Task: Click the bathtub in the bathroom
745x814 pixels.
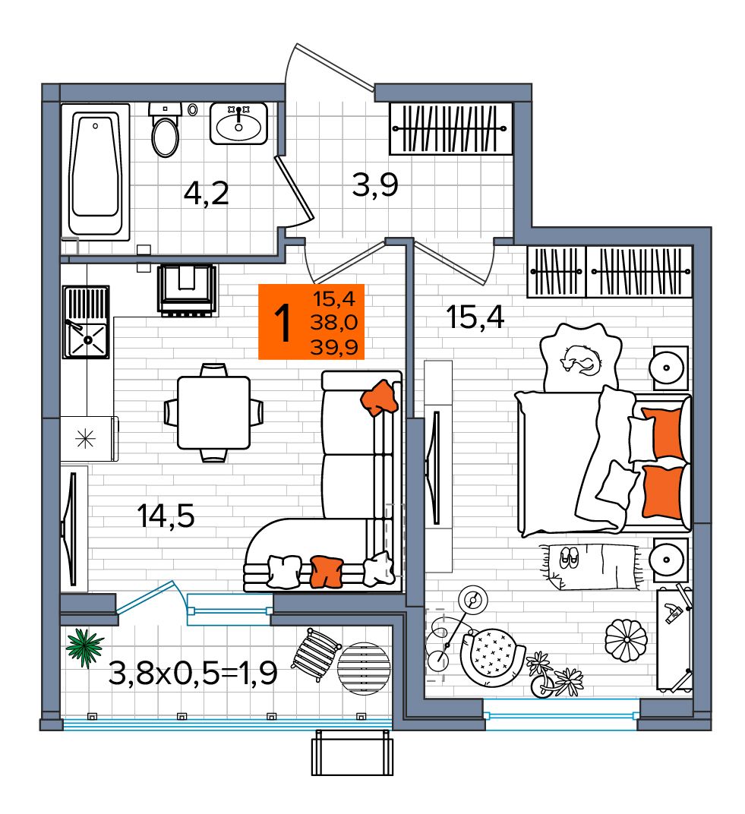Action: tap(96, 172)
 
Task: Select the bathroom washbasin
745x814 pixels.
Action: tap(238, 124)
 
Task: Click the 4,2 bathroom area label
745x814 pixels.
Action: tap(206, 194)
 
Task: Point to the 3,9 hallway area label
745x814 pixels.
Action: tap(375, 185)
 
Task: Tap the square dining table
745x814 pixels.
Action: tap(213, 413)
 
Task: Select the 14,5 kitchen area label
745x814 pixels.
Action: tap(166, 516)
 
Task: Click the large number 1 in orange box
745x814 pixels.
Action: tap(283, 323)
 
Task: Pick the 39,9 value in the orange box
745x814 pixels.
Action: tap(334, 347)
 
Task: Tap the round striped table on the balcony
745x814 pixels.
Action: tap(364, 668)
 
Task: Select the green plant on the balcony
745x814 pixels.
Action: tap(84, 647)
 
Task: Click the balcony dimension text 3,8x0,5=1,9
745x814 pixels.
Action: tap(193, 674)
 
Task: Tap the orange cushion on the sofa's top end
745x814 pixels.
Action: tap(380, 398)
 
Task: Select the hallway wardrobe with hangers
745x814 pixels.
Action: tap(450, 128)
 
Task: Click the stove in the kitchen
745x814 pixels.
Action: tap(188, 289)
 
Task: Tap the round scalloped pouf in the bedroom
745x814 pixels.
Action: tap(626, 640)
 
